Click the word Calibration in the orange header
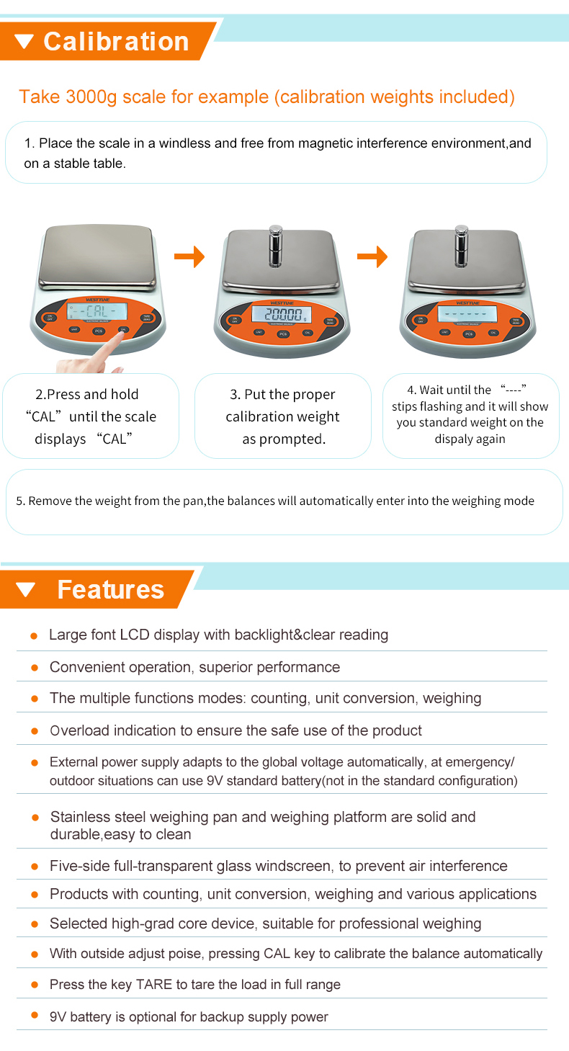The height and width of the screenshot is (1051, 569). pos(116,41)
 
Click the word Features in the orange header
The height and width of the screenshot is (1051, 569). pos(111,589)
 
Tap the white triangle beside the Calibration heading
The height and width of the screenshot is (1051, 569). pos(24,42)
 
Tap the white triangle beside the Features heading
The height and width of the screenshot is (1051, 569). pos(25,590)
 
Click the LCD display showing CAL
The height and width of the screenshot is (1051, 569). pos(97,311)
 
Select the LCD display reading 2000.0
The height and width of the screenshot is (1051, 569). pos(282,314)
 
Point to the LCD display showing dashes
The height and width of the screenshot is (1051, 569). pos(467,314)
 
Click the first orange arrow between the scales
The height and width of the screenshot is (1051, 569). pos(189,256)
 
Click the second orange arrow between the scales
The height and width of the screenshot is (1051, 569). pos(372,256)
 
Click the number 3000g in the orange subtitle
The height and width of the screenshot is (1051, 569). pos(91,97)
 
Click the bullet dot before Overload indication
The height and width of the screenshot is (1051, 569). pos(34,731)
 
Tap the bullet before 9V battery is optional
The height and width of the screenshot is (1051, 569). pos(34,1016)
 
